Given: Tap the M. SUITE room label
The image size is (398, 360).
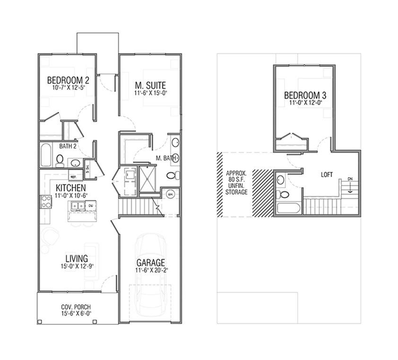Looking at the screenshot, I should coord(150,85).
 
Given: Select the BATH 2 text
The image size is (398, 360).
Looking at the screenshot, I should coord(68,146).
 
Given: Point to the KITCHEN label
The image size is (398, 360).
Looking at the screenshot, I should coord(70,188).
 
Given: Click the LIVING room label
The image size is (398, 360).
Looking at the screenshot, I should coord(76,258).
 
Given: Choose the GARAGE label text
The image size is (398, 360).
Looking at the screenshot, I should coord(150,263).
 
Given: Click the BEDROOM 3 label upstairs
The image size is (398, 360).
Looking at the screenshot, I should coord(305,94).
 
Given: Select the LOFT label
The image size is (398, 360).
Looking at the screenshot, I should coord(327,174).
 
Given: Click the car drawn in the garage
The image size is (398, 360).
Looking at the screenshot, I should coord(150,274).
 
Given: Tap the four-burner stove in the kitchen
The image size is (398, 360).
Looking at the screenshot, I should coord(45,202).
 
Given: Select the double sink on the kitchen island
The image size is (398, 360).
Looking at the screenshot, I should coord(83,206).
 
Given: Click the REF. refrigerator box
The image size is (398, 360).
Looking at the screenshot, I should coord(73,177).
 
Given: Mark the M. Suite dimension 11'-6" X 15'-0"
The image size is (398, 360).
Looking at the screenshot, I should coord(150,93).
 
